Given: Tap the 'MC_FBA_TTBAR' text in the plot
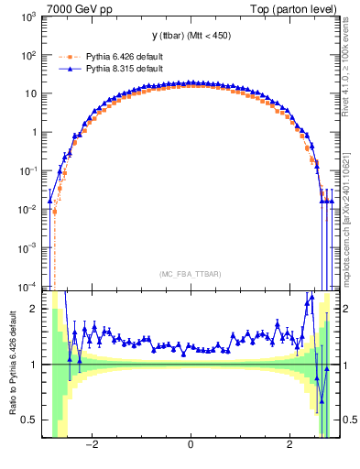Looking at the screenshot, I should (191, 274).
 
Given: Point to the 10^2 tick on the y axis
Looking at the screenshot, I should (27, 56).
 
